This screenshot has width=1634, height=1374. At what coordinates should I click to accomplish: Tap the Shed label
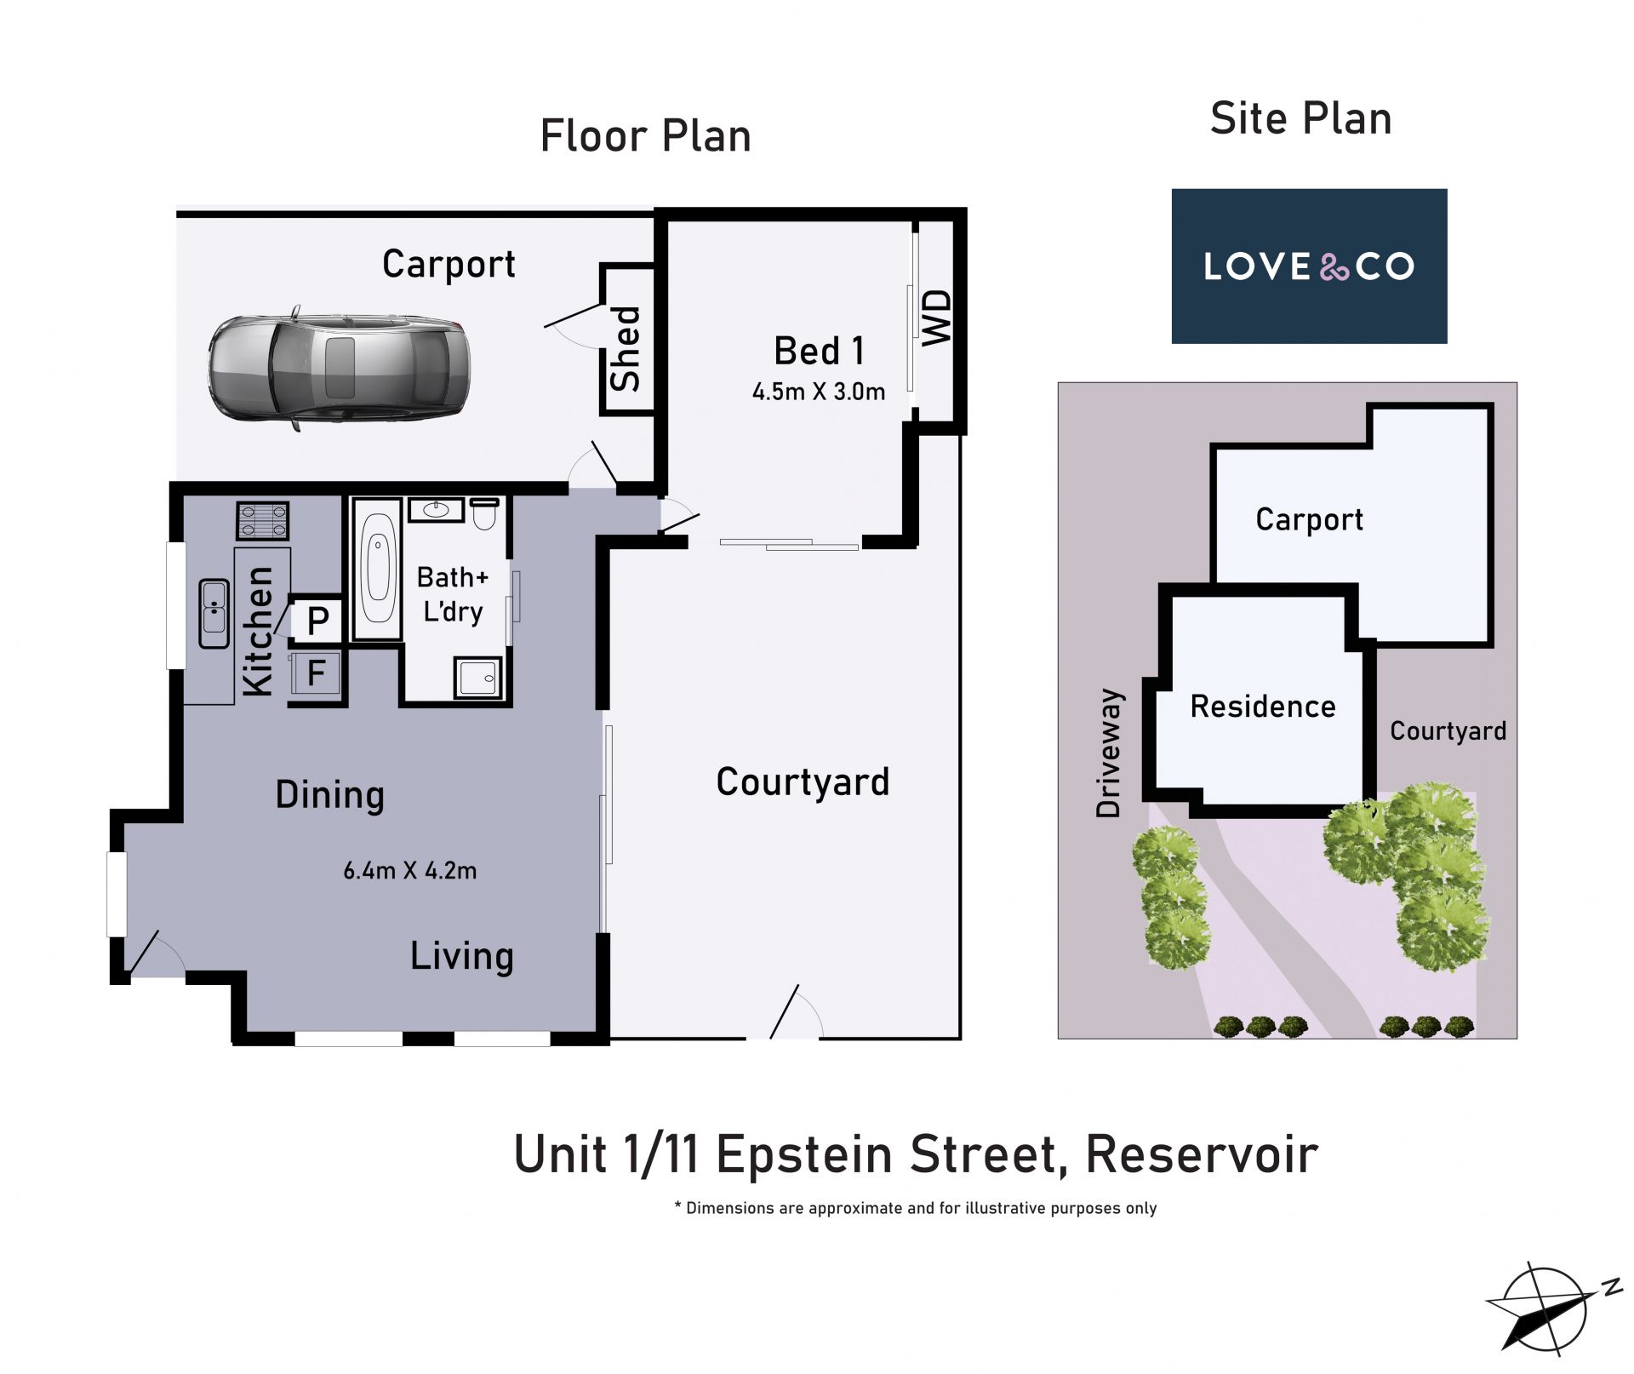click(x=626, y=348)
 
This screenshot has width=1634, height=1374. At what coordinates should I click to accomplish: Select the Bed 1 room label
click(x=819, y=350)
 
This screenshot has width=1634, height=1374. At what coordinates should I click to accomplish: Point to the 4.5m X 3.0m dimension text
click(x=819, y=392)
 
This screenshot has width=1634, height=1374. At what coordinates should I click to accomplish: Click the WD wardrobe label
click(x=938, y=318)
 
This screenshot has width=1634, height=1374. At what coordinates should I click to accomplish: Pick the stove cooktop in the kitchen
click(x=263, y=520)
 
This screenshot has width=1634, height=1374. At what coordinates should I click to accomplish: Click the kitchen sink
click(x=214, y=613)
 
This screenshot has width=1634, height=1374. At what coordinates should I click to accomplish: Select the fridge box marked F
click(x=316, y=673)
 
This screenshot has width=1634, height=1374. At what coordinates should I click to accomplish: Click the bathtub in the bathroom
click(x=377, y=568)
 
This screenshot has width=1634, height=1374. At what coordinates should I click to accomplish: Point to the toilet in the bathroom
click(x=484, y=513)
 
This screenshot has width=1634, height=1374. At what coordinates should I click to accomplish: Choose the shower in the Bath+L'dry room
click(x=478, y=678)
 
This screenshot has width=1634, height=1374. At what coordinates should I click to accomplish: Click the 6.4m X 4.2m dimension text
click(x=409, y=871)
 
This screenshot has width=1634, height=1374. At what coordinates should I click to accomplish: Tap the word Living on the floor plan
click(x=462, y=957)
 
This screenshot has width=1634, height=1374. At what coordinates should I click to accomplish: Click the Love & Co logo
click(x=1309, y=266)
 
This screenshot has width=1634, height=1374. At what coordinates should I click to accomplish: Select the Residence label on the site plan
click(x=1263, y=707)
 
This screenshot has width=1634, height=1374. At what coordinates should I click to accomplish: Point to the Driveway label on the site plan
click(x=1110, y=753)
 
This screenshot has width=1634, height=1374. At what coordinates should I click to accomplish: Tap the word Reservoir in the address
click(x=1202, y=1155)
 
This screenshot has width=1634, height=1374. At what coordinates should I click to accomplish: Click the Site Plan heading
click(x=1301, y=118)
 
